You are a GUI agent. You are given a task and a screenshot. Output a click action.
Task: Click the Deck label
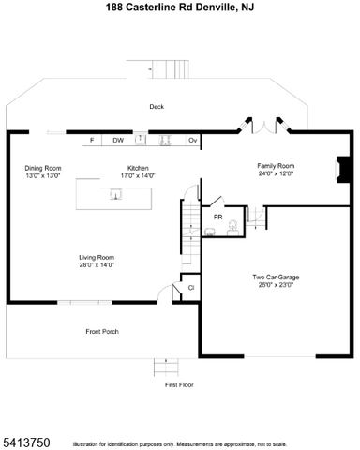157,107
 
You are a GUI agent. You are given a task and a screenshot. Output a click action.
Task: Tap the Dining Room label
42,169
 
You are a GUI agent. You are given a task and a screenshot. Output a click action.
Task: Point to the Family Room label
277,166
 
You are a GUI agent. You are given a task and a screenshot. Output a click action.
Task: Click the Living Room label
96,258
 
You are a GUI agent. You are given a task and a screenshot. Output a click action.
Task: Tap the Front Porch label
102,331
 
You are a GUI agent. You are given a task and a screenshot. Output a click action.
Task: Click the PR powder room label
217,217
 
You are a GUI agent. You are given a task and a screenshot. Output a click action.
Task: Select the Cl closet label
191,288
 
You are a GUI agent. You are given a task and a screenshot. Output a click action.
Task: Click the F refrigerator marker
92,140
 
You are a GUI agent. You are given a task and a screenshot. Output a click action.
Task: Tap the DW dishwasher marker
118,140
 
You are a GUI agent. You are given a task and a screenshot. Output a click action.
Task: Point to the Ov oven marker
193,140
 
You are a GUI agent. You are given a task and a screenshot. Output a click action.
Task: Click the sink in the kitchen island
115,194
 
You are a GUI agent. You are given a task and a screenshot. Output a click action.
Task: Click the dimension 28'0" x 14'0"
96,265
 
